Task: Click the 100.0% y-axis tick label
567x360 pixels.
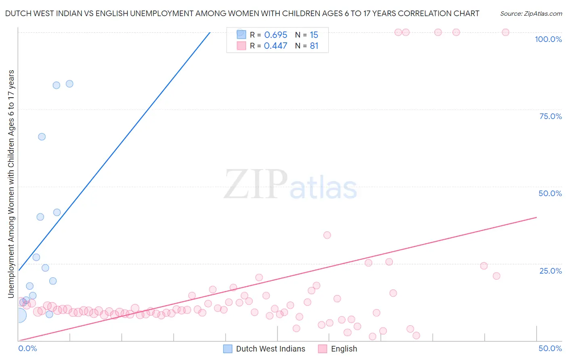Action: [548, 39]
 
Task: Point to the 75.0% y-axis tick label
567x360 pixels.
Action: [550, 116]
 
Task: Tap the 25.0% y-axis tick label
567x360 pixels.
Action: [550, 271]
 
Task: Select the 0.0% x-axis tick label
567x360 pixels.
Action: [27, 348]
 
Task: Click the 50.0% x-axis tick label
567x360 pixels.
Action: [550, 348]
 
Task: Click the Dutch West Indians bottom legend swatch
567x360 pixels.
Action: [228, 349]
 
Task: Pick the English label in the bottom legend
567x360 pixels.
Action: [344, 349]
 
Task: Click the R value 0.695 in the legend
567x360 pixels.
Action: [276, 35]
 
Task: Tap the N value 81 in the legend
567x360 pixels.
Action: [314, 46]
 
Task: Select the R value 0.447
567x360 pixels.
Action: [276, 46]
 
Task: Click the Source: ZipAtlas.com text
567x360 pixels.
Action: [531, 13]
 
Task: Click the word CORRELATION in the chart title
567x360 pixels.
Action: [424, 13]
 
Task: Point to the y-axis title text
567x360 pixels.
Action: [11, 184]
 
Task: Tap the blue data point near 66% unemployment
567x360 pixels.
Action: [42, 137]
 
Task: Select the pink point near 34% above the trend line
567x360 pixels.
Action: [327, 235]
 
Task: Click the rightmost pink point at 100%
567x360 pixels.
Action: [505, 32]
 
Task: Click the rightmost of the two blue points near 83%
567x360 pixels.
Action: [69, 84]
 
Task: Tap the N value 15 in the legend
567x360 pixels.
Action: [314, 35]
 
